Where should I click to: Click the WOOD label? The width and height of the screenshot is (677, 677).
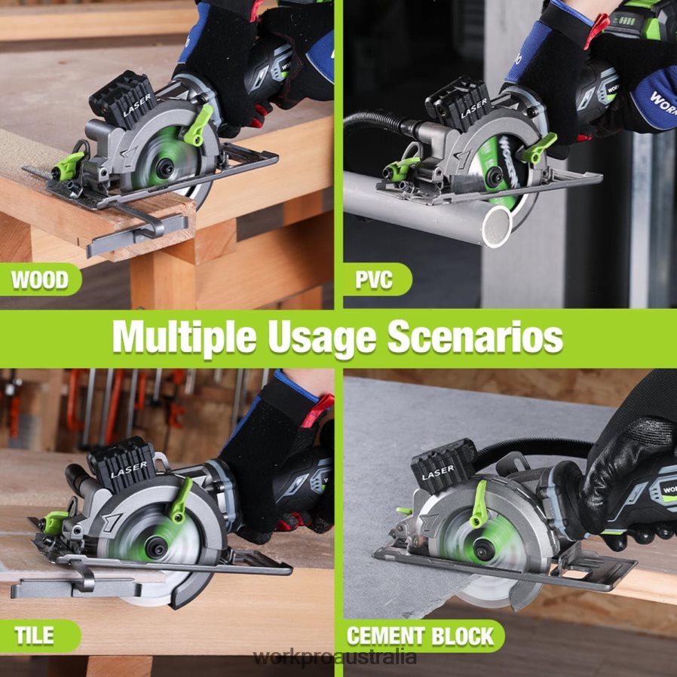coord(39,280)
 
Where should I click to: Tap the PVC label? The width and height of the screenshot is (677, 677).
coord(374,280)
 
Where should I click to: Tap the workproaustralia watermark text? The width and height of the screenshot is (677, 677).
coord(335,657)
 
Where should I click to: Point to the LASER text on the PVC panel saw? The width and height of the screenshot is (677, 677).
coord(475,109)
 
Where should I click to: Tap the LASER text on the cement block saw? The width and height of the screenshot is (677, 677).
coord(438,473)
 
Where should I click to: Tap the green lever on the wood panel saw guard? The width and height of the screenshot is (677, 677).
coord(198,124)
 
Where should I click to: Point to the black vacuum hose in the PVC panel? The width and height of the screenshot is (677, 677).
coord(377,119)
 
